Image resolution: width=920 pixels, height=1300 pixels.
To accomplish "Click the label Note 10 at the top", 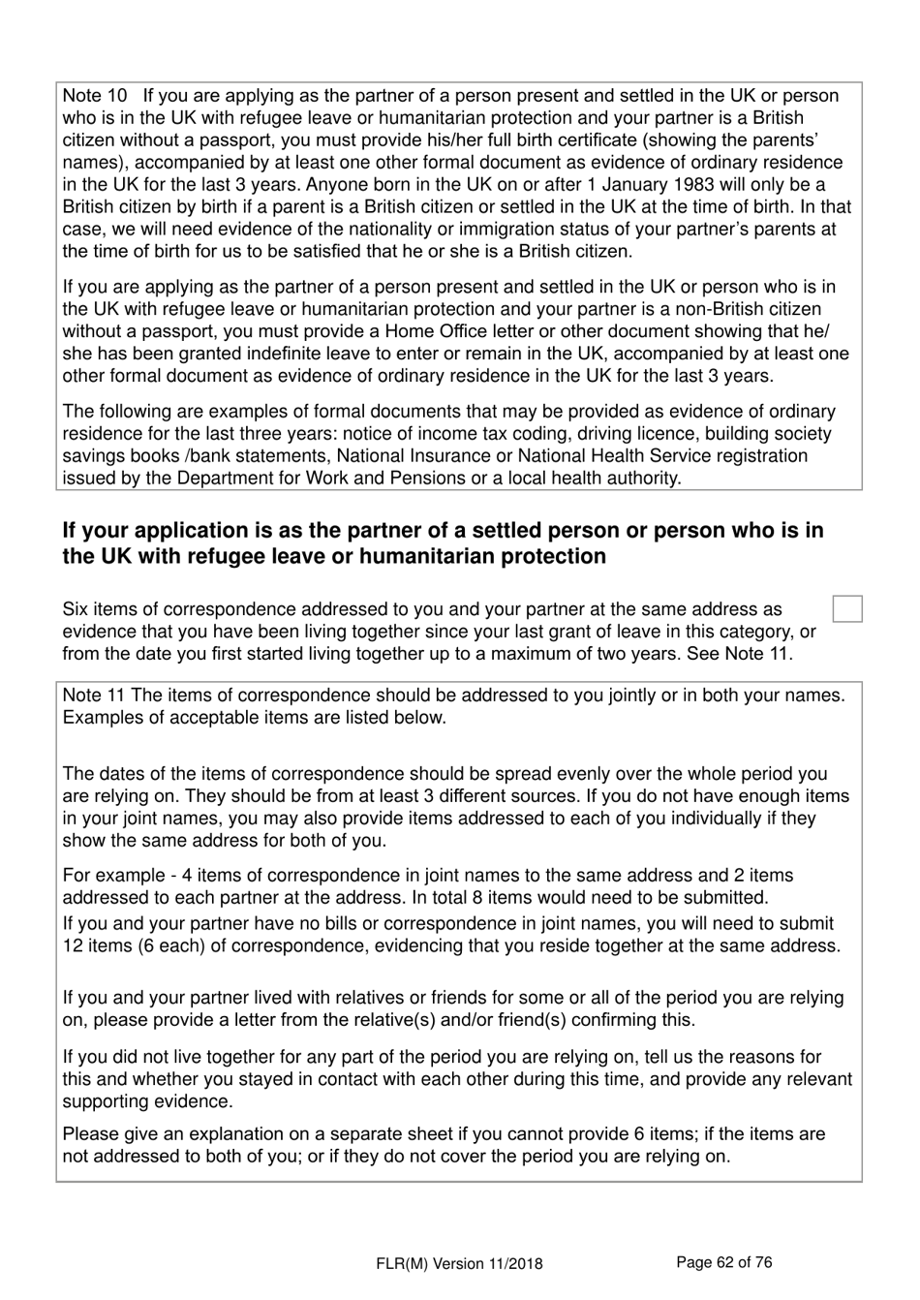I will [x=95, y=96].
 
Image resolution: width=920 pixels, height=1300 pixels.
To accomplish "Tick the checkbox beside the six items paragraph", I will [x=847, y=609].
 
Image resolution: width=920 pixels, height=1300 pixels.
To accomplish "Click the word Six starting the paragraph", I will [x=77, y=610].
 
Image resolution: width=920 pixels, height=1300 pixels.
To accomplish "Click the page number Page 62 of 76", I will [x=723, y=1262].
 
